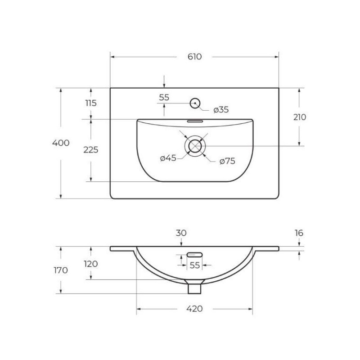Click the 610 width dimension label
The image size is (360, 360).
pos(194,57)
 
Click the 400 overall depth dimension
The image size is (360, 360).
pos(61,143)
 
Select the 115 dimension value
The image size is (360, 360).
pos(91,103)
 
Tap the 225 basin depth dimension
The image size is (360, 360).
pos(91,150)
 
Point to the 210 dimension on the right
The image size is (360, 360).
pos(300,117)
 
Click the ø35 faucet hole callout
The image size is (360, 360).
pos(221,110)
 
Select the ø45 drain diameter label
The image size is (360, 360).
pos(168,158)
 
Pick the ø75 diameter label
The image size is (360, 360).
pos(227,161)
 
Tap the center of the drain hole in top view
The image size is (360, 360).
pos(195,146)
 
